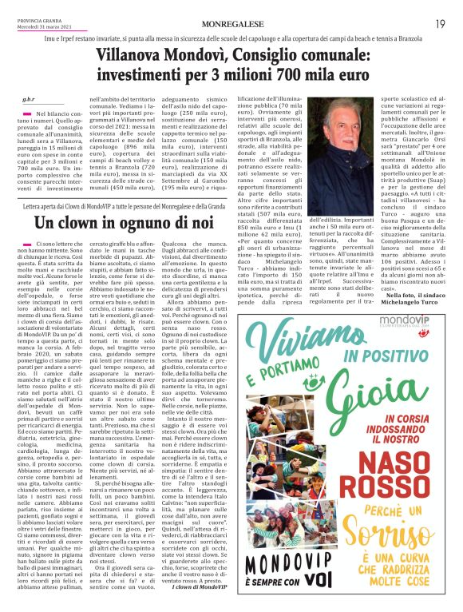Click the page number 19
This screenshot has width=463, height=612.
(440, 25)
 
